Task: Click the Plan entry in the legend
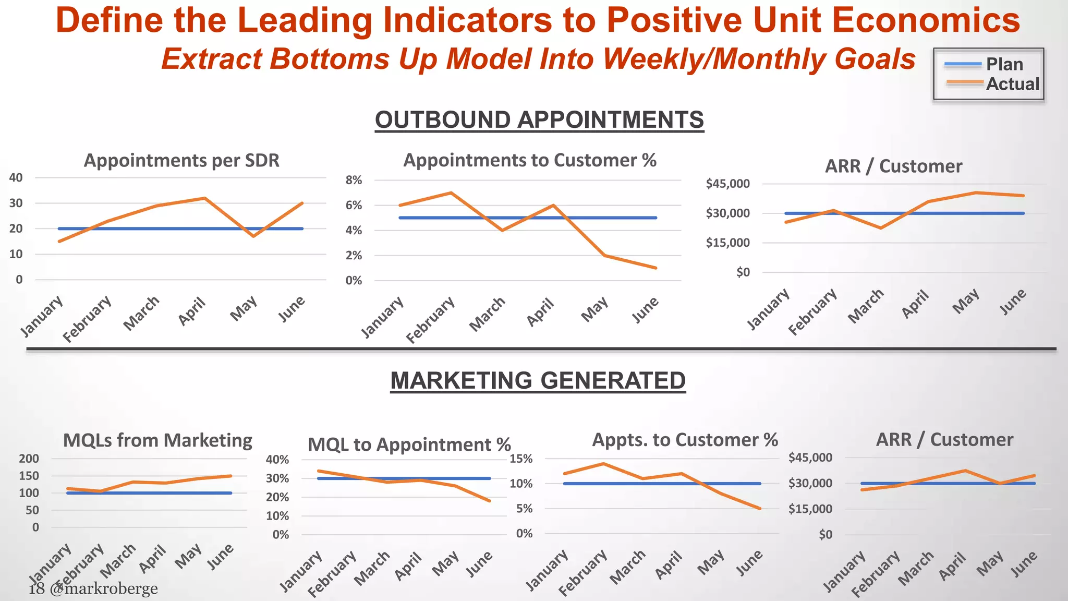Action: point(1004,65)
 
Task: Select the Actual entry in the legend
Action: point(1012,84)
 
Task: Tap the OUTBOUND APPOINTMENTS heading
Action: point(539,120)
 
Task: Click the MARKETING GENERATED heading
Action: point(538,380)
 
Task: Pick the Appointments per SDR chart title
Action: point(181,160)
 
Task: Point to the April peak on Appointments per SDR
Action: point(205,198)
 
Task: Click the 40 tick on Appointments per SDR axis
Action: point(16,177)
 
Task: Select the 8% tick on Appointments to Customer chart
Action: point(354,181)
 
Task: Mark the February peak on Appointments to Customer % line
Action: point(451,193)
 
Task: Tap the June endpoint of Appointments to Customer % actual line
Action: point(656,268)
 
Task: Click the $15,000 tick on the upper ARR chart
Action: point(727,243)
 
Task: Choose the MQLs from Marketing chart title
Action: point(157,440)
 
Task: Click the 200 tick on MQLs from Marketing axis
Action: point(29,459)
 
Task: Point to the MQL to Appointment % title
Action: point(409,444)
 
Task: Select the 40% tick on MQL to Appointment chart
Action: point(277,460)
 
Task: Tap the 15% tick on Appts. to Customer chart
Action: point(521,459)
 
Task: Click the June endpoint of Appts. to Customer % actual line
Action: point(760,508)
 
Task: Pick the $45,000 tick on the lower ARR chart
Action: point(810,458)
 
